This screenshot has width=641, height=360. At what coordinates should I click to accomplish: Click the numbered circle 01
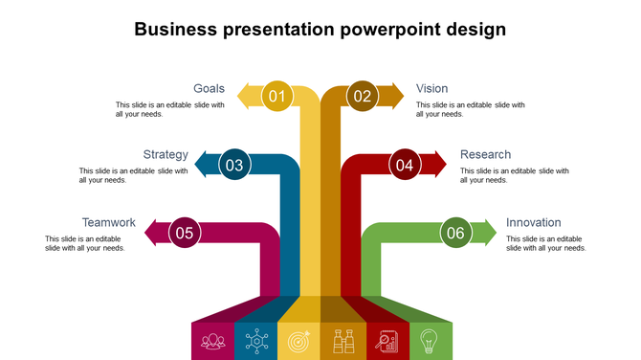277,96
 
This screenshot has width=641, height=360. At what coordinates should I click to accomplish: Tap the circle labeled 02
363,96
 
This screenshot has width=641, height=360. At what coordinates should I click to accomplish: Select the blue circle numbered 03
235,165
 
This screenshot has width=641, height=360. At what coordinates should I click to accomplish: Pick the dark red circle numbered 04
405,165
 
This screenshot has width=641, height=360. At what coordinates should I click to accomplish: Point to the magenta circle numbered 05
185,233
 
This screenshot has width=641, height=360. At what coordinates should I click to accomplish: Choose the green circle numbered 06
455,233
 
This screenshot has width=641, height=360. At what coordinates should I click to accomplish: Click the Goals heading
210,89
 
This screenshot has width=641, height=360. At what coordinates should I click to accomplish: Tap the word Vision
431,89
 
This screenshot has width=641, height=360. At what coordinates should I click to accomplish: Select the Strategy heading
166,154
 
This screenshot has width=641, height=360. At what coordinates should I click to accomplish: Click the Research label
485,154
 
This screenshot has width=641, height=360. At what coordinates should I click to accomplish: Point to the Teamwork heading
108,222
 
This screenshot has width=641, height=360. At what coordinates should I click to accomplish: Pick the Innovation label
533,222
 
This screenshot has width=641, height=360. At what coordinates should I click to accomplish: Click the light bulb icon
430,340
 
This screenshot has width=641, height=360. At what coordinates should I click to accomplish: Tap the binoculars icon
343,340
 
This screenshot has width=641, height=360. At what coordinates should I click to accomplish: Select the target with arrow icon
298,340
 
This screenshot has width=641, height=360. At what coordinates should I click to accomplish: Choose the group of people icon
212,340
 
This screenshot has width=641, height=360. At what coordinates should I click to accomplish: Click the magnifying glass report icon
387,340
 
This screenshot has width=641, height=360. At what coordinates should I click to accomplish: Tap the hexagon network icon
255,340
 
